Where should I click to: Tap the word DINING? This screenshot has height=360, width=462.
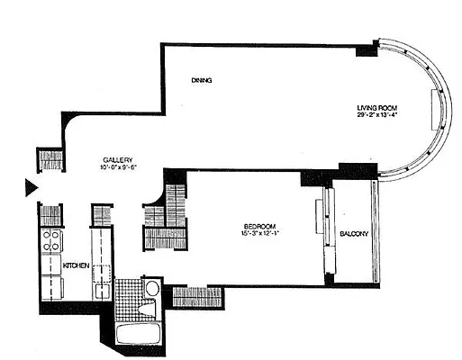(202, 81)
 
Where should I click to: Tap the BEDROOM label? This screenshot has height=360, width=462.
(258, 225)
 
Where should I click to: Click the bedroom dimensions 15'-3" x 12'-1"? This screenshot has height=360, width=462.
(258, 235)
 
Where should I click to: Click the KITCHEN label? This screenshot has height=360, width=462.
(77, 265)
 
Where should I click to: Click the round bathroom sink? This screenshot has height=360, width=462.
(152, 290)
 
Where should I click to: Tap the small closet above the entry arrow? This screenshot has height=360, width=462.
(51, 160)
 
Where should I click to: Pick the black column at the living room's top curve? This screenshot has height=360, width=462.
(367, 49)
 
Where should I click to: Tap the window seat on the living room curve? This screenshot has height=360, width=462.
(438, 112)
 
